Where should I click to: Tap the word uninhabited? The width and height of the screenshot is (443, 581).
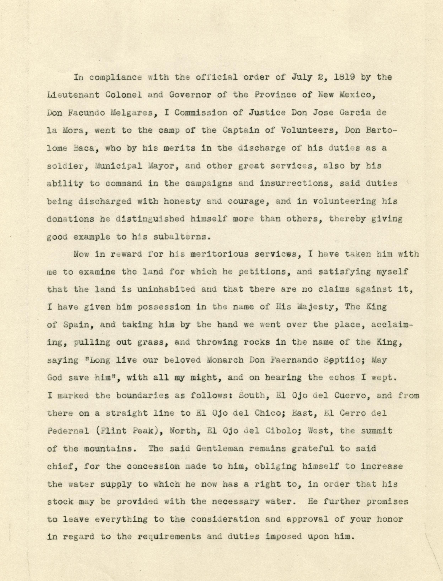(x=166, y=289)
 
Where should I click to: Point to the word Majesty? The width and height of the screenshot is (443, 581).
(x=315, y=307)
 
